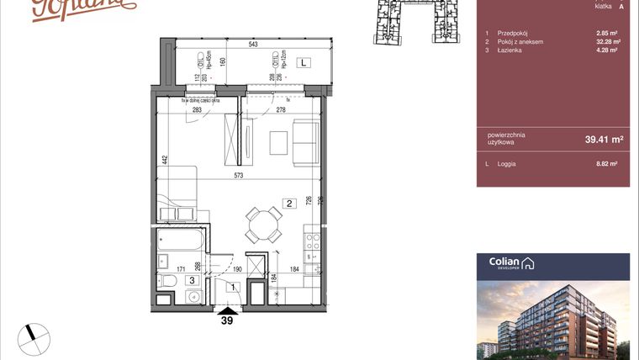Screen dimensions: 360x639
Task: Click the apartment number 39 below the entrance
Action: (226, 320)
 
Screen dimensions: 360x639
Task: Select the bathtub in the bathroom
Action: (179, 243)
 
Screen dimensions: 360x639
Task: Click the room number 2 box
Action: (288, 203)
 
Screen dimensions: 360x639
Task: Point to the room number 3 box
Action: (192, 281)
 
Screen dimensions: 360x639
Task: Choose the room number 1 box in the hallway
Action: (233, 288)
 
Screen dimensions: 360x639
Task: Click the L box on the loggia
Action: (304, 62)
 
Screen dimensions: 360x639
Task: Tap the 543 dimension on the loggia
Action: (253, 45)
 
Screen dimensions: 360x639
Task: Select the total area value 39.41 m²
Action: (603, 140)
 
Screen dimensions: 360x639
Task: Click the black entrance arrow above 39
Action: (226, 308)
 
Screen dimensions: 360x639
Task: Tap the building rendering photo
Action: (552, 320)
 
